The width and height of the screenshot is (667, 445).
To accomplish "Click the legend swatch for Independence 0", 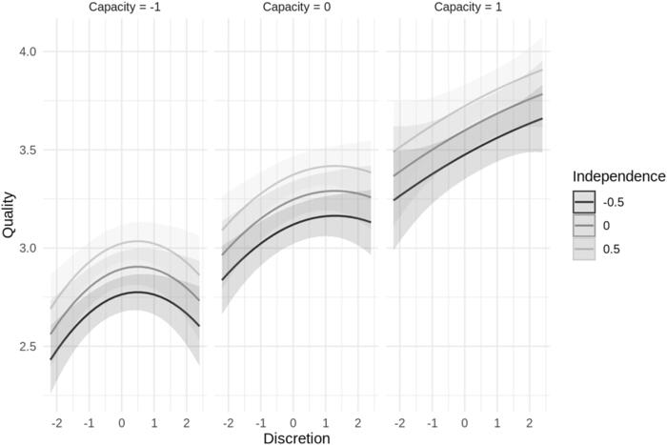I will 584,225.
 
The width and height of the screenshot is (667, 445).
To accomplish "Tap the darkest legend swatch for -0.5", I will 584,202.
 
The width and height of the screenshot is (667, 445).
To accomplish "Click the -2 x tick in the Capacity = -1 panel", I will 55,421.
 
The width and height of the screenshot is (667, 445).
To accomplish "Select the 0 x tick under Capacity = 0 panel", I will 293,421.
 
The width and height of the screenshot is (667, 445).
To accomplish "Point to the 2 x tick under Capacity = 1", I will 529,421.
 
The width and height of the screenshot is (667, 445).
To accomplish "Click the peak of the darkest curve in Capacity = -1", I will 136,292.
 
